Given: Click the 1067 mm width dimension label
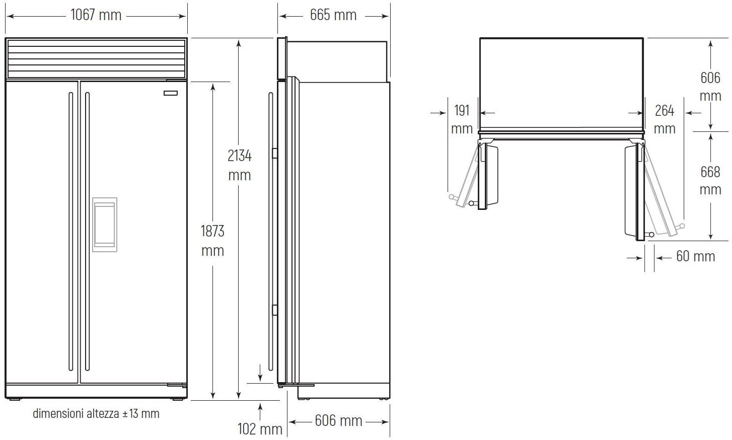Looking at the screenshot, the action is [96, 15].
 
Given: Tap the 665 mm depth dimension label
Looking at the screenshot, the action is [333, 15].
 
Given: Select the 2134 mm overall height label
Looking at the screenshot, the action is [240, 165].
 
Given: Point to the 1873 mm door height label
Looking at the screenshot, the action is [212, 241].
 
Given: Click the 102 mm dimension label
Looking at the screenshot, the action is [260, 429].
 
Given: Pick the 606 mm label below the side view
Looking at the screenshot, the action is [338, 421].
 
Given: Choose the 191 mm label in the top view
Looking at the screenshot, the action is [462, 119].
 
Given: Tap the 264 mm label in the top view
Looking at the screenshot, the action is [665, 119].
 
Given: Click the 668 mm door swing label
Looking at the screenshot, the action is [710, 180].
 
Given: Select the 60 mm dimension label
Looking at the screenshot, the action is [696, 256].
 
